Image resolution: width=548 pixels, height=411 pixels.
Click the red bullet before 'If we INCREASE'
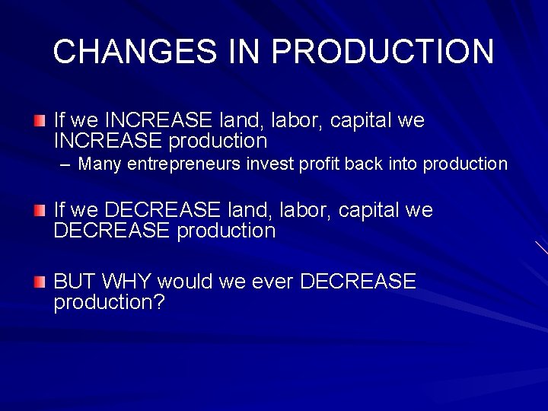click(40, 120)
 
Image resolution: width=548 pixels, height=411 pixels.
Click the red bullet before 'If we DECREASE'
click(40, 209)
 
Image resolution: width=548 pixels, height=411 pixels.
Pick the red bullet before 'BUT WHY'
click(40, 282)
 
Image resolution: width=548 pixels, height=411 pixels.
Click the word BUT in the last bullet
click(75, 282)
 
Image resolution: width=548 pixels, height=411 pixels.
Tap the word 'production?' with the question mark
click(109, 302)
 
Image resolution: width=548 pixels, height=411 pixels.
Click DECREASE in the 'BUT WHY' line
click(358, 282)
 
